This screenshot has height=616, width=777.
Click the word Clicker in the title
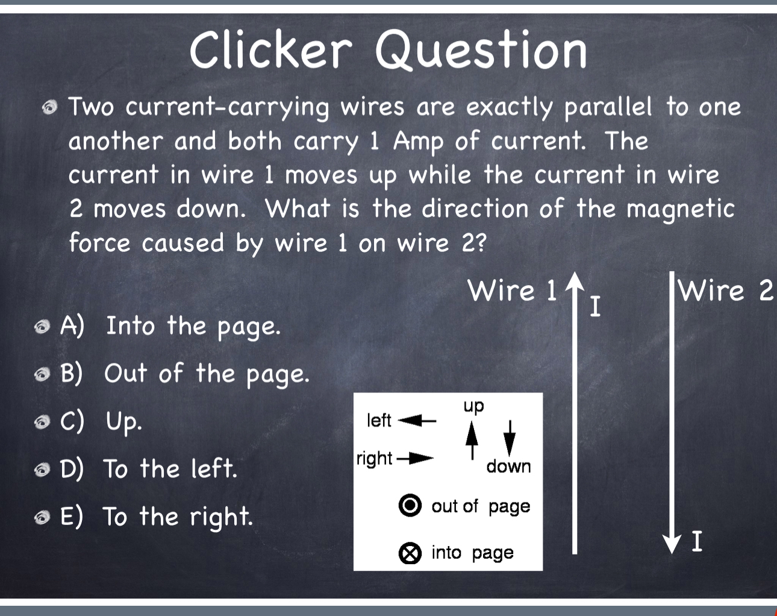click(270, 49)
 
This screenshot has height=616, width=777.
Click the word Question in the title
click(481, 51)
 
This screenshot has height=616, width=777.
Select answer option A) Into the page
click(170, 327)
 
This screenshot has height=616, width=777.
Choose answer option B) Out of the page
click(184, 374)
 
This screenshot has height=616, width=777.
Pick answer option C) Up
click(101, 421)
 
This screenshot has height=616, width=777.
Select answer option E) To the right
click(156, 517)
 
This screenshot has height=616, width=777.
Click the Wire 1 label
click(513, 291)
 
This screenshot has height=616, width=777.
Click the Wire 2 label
click(725, 291)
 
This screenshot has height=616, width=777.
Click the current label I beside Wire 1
click(595, 307)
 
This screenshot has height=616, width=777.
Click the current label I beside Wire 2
click(696, 541)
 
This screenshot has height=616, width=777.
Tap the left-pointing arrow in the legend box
click(416, 420)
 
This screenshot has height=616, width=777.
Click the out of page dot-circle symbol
click(410, 505)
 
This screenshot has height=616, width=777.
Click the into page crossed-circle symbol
click(410, 553)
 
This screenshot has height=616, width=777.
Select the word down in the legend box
click(508, 467)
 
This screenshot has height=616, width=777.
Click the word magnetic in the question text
click(681, 210)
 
